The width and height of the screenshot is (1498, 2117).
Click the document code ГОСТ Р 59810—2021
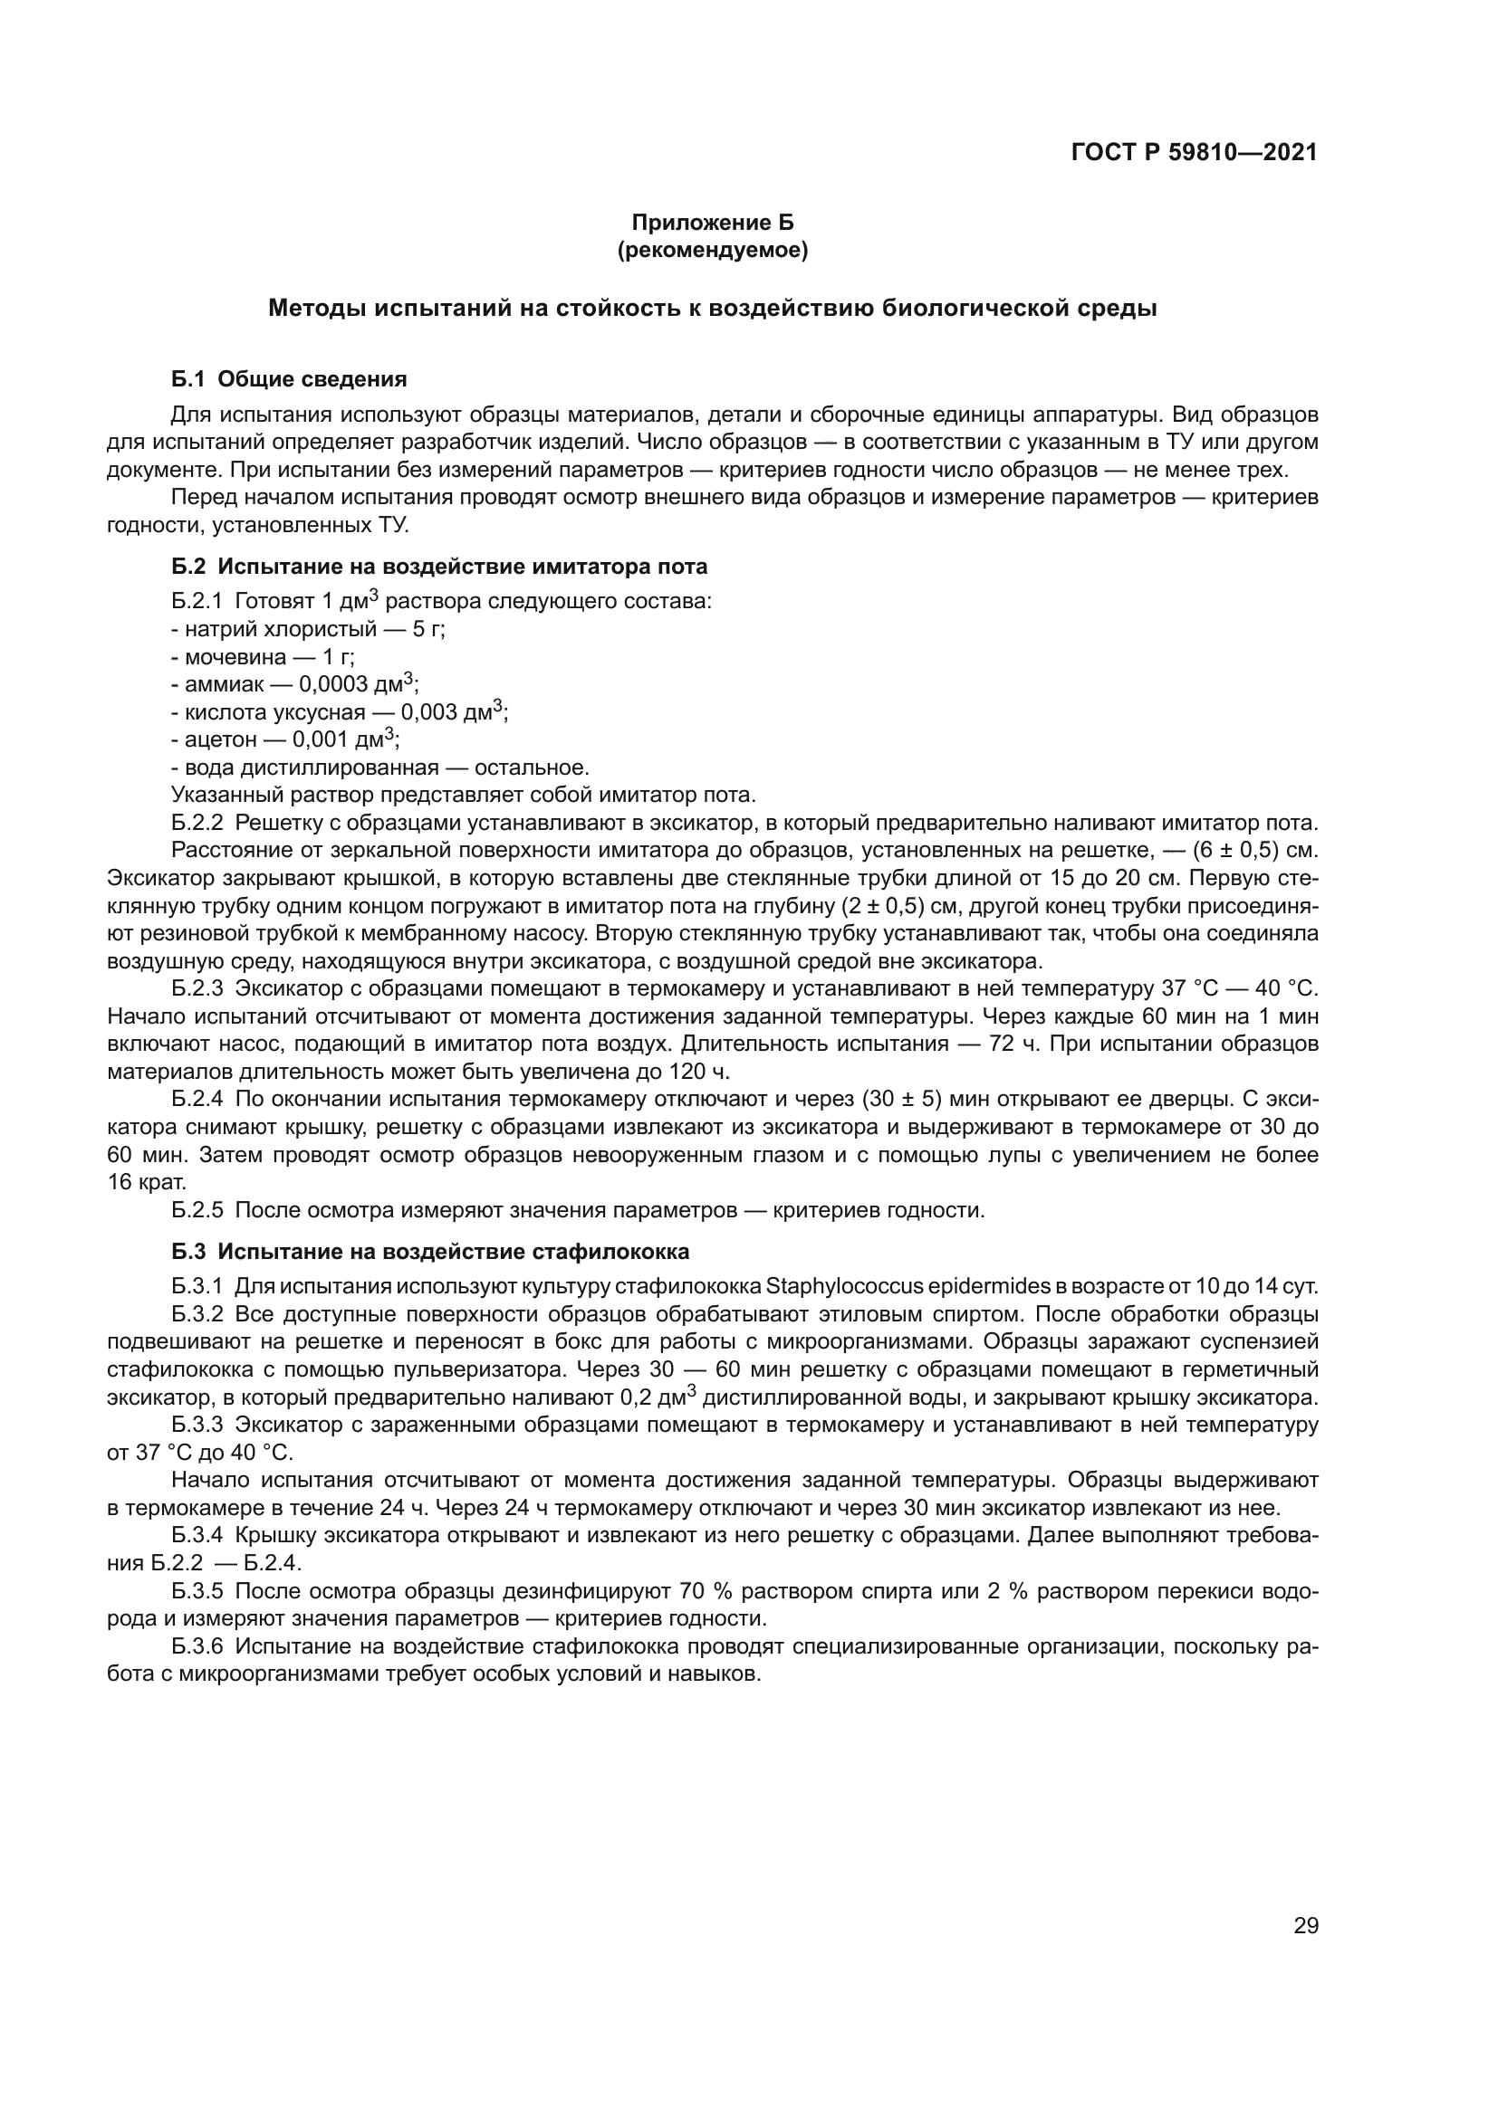click(1194, 152)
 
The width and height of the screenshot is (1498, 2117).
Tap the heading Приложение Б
click(712, 223)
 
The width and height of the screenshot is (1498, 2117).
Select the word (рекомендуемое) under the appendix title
click(712, 250)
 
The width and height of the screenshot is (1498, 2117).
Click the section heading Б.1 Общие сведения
click(289, 379)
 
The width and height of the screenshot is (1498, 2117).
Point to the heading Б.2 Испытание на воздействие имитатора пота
click(439, 566)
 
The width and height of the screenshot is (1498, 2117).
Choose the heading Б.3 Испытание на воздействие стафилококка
click(430, 1252)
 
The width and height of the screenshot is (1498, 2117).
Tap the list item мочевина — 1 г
click(262, 657)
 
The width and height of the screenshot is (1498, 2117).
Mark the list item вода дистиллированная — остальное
click(380, 768)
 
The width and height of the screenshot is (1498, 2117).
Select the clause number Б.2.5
click(197, 1210)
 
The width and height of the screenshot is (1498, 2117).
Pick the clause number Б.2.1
click(197, 602)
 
